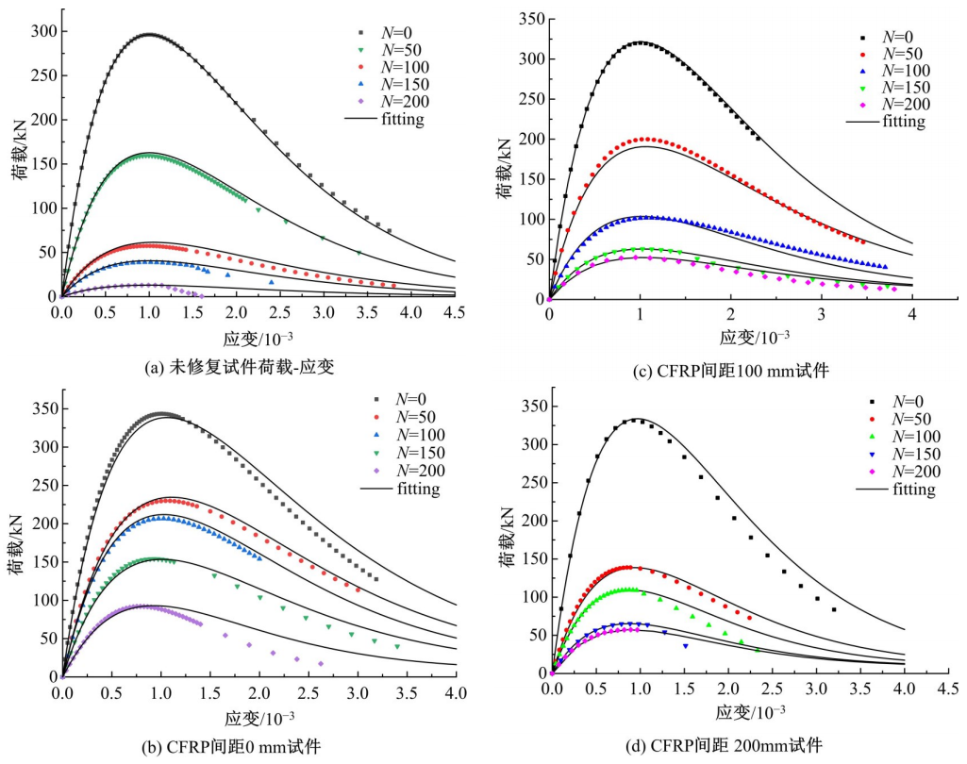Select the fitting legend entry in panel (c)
pyautogui.click(x=884, y=122)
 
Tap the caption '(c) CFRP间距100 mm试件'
pyautogui.click(x=730, y=371)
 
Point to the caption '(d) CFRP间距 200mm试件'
pyautogui.click(x=724, y=746)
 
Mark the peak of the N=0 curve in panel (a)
pyautogui.click(x=149, y=35)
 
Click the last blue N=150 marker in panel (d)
pyautogui.click(x=686, y=646)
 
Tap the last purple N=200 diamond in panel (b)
pyautogui.click(x=321, y=664)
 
